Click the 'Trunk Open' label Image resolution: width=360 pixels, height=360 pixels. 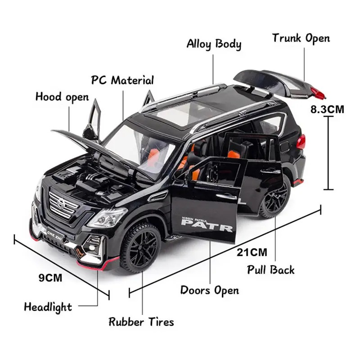pyautogui.click(x=301, y=38)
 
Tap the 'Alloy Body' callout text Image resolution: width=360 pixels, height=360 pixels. pyautogui.click(x=214, y=44)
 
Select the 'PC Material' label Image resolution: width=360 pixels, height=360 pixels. pyautogui.click(x=122, y=81)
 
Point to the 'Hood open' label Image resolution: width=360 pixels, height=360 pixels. pyautogui.click(x=62, y=97)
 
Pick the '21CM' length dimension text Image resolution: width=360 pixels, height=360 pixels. pyautogui.click(x=252, y=252)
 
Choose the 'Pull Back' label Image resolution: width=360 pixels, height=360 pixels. pyautogui.click(x=271, y=270)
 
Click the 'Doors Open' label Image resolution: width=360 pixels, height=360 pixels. pyautogui.click(x=209, y=290)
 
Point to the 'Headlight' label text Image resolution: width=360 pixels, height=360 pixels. pyautogui.click(x=48, y=307)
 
